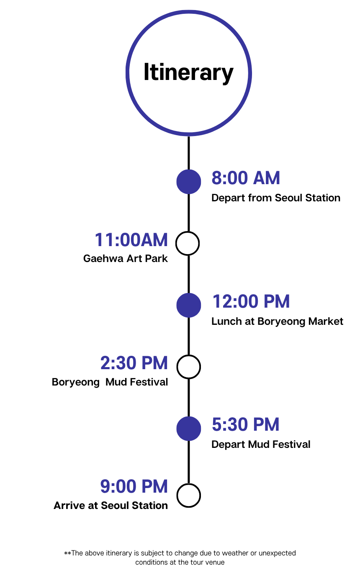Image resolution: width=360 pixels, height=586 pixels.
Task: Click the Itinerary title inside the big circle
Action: click(188, 72)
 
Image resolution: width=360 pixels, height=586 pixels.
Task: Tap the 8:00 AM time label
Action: click(246, 178)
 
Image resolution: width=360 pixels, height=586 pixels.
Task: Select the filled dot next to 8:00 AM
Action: click(188, 182)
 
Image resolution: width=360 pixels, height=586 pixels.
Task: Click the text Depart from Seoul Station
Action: click(276, 198)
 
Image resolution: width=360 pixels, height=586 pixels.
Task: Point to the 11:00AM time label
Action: click(131, 240)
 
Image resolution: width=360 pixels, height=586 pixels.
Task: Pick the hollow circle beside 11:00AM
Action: click(188, 243)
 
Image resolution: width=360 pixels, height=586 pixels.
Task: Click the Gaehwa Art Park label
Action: click(126, 259)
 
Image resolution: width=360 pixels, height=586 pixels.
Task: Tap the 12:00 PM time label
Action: click(251, 302)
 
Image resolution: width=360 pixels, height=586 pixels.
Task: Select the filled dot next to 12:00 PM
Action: click(188, 305)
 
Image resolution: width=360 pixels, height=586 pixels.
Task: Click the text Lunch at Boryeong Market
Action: click(277, 321)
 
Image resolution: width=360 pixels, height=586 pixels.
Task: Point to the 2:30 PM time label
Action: click(134, 363)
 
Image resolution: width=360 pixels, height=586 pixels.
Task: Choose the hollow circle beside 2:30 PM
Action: click(188, 367)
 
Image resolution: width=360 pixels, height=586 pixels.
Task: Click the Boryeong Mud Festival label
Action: click(110, 382)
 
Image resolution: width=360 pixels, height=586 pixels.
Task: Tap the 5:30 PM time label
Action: click(245, 425)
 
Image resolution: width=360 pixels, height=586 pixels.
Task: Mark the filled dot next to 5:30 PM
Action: click(188, 429)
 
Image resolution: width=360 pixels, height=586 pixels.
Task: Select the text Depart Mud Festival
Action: click(261, 445)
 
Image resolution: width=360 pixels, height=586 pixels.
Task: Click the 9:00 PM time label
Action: click(134, 487)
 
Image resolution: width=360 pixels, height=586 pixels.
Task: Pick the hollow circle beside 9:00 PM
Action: click(188, 496)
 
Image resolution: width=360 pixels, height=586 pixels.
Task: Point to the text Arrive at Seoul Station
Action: click(111, 506)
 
